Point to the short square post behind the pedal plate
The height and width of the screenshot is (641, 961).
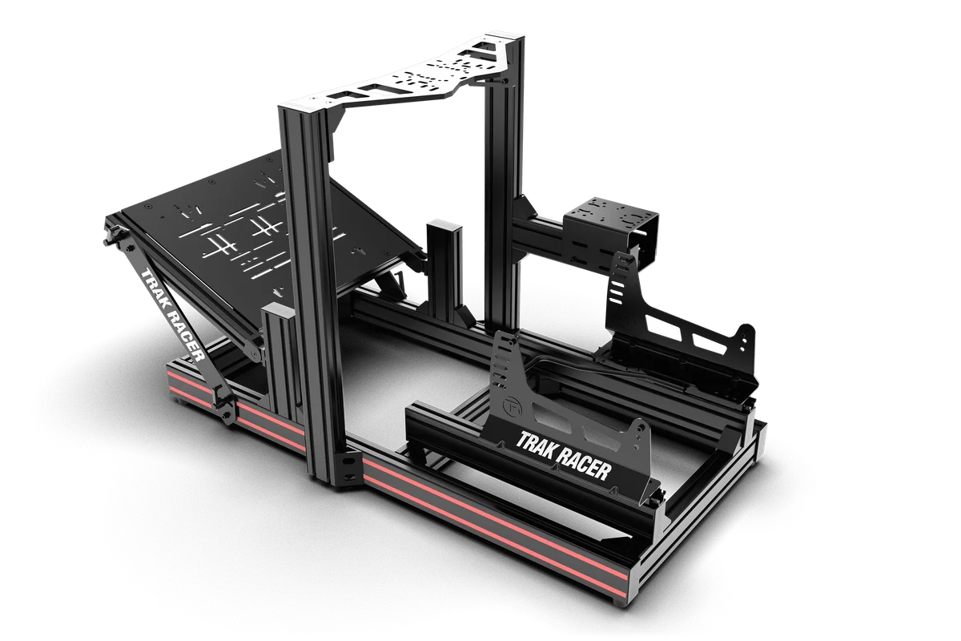[x=443, y=268]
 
